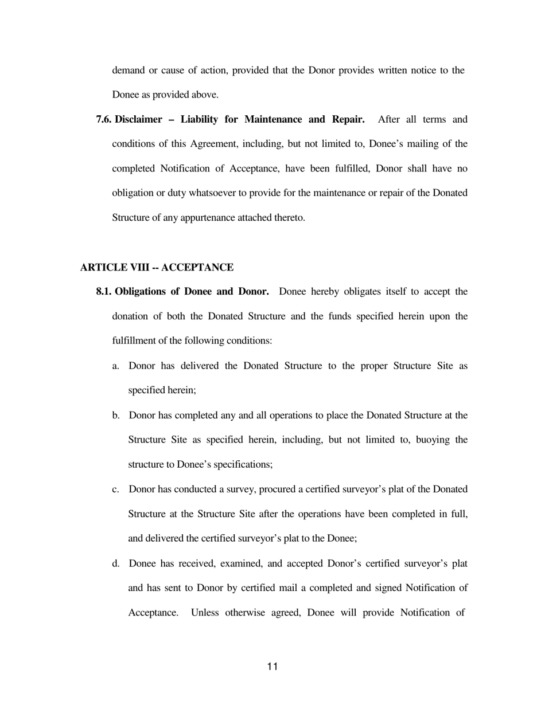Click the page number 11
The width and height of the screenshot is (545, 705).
tap(272, 666)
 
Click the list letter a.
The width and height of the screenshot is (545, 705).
tap(115, 366)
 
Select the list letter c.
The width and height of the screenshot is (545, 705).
tap(115, 489)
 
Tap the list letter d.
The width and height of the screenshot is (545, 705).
tap(116, 563)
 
